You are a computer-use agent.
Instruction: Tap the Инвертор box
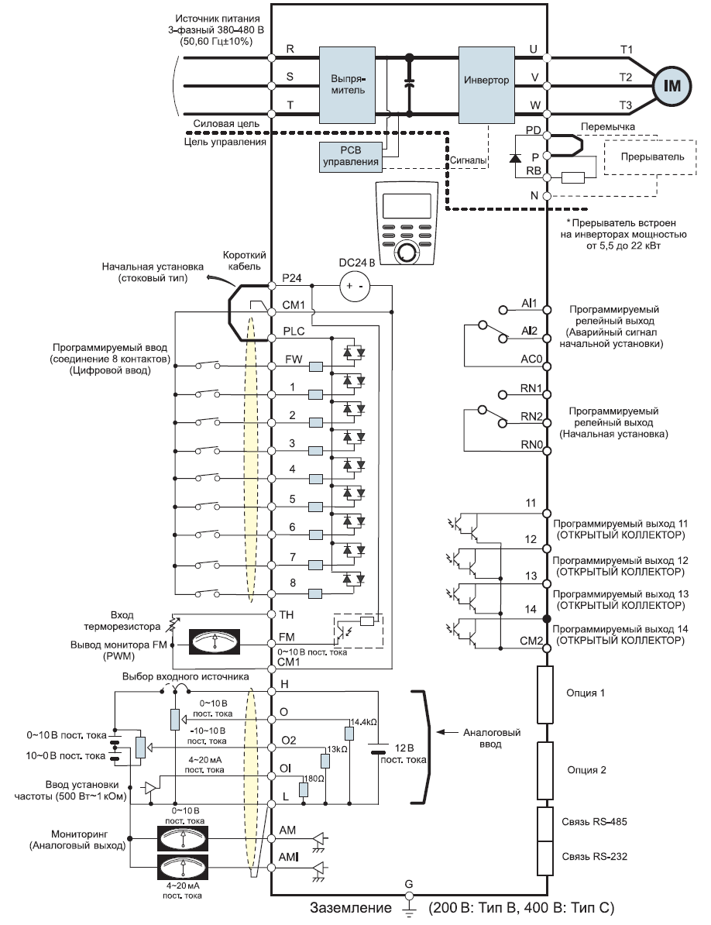[x=486, y=80]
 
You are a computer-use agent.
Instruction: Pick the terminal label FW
[x=293, y=360]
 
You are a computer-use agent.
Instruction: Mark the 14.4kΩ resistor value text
[x=363, y=722]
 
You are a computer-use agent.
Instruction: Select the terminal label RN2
[x=530, y=415]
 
